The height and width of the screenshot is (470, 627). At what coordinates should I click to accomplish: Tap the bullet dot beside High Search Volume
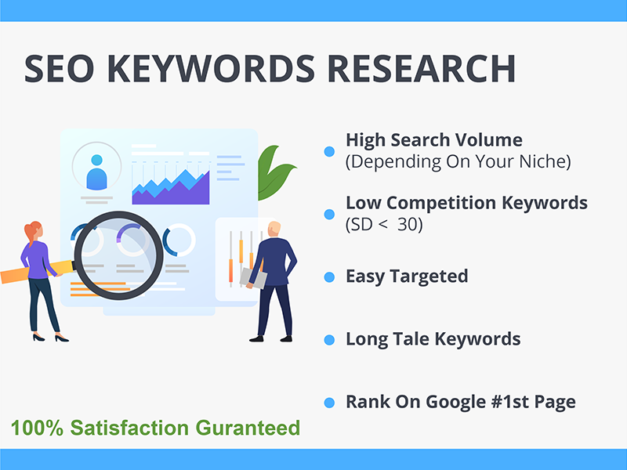click(x=330, y=150)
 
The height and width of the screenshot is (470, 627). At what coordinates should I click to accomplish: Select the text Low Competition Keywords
click(x=466, y=203)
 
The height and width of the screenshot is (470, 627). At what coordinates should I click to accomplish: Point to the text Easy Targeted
click(x=407, y=276)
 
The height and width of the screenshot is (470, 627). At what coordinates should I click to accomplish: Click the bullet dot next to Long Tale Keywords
click(x=330, y=340)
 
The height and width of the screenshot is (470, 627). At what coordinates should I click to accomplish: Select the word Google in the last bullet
click(x=458, y=402)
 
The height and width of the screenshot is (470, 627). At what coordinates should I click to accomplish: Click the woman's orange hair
click(x=32, y=232)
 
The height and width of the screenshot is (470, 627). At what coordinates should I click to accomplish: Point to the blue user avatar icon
click(x=96, y=169)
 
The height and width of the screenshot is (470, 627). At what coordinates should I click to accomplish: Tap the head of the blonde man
click(x=273, y=230)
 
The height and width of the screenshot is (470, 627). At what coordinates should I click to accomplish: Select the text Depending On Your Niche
click(x=458, y=162)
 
